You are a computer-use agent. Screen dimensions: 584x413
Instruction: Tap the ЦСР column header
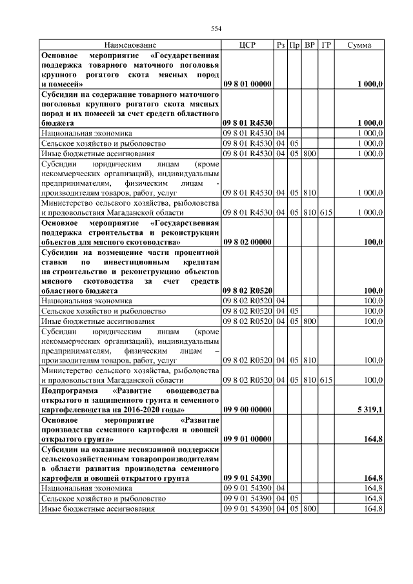(x=247, y=45)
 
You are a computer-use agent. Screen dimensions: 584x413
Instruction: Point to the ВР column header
(x=310, y=45)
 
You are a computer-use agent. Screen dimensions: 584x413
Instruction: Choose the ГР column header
(x=327, y=45)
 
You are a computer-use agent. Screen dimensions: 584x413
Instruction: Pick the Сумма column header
(x=359, y=45)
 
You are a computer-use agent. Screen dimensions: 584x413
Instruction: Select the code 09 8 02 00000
(x=247, y=241)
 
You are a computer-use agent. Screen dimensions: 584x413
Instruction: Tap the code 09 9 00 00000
(x=247, y=410)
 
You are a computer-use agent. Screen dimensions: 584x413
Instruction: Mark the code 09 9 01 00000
(x=247, y=439)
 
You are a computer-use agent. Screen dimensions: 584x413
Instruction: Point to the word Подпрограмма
(x=69, y=391)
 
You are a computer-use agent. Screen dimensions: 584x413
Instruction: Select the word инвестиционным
(x=133, y=263)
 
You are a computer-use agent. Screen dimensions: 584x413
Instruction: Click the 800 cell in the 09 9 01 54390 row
(x=310, y=508)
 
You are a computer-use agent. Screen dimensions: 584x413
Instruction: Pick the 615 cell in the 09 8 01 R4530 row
(x=327, y=212)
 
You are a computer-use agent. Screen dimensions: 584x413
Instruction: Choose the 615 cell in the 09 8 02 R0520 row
(x=327, y=381)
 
